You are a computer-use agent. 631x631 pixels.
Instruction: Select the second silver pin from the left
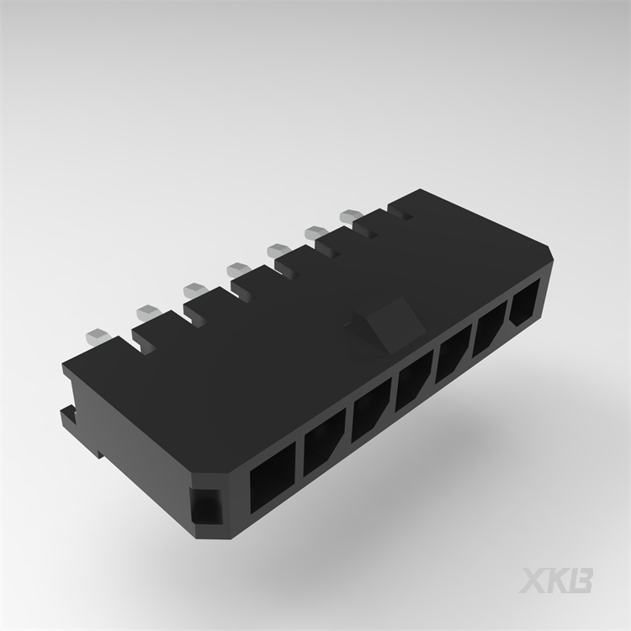(x=147, y=310)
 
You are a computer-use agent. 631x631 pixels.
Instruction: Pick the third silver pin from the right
(x=278, y=249)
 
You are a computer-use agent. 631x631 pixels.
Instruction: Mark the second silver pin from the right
(x=316, y=231)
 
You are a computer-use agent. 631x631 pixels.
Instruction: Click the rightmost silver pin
(x=350, y=216)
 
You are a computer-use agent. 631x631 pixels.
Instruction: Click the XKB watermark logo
(x=559, y=579)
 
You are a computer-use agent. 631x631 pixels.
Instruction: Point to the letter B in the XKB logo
(x=581, y=579)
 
